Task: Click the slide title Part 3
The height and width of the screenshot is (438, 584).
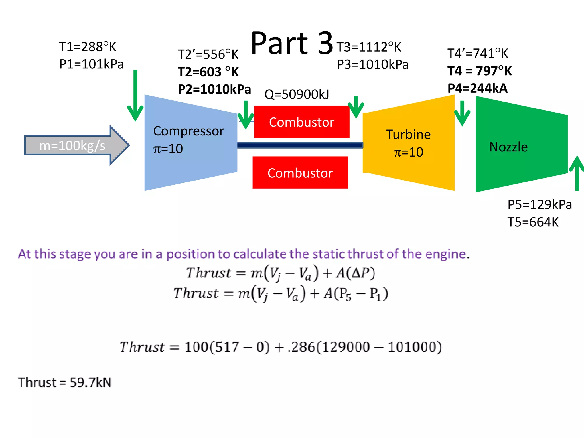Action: point(292,43)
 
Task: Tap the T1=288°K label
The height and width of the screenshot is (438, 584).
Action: point(88,47)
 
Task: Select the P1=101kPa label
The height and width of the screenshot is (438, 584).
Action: point(91,64)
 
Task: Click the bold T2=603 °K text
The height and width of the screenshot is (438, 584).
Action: point(208,72)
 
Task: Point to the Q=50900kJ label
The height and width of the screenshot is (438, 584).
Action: point(297,94)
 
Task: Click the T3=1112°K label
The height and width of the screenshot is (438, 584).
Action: point(369,47)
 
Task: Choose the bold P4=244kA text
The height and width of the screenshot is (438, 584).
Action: point(477,88)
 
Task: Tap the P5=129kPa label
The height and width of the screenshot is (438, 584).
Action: point(540,205)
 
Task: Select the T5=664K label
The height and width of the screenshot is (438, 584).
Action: point(533,222)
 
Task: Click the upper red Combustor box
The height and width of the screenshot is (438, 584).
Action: point(301,122)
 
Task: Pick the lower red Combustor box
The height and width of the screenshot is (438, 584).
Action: point(300,173)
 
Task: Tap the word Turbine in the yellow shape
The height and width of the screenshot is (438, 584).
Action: point(408,135)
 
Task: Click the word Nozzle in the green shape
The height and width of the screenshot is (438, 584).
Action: point(508,147)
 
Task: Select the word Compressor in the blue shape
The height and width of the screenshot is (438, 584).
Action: point(188,131)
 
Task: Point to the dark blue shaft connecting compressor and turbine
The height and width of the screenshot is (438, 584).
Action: point(299,145)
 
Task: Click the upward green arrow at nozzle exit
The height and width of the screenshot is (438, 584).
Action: point(577,174)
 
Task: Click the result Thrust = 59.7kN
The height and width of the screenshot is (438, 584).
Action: point(65,382)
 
